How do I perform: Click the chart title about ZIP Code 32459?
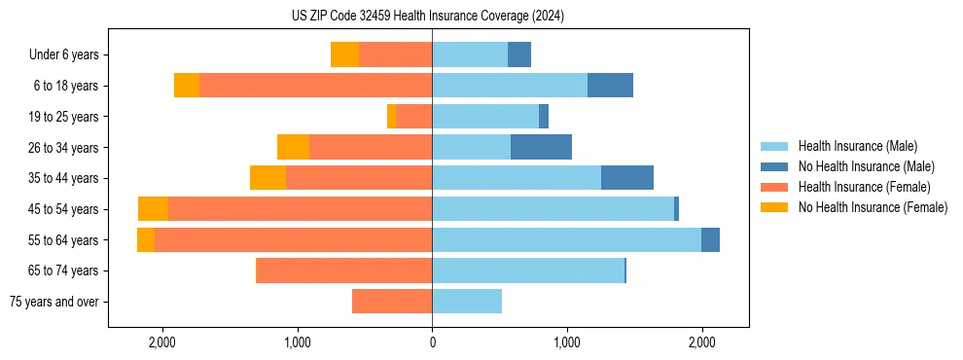(x=428, y=16)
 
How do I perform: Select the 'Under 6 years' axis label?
(x=63, y=54)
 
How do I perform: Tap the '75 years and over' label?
(x=53, y=302)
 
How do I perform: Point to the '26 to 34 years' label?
(x=64, y=148)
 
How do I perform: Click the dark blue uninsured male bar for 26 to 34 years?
(x=541, y=147)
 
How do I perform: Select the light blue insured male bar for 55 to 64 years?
(x=566, y=239)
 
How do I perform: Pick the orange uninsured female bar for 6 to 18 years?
(x=187, y=86)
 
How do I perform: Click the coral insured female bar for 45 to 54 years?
(x=300, y=209)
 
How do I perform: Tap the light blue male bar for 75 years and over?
(x=467, y=302)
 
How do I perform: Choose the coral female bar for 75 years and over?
(x=392, y=302)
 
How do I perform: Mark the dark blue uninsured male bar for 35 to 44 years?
(x=627, y=178)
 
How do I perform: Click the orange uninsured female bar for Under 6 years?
(x=344, y=54)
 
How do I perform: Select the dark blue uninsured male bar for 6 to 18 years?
(x=610, y=86)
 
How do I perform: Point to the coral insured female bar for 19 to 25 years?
(x=413, y=117)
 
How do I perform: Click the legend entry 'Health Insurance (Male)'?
(x=857, y=146)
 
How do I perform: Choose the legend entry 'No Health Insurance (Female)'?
(x=873, y=207)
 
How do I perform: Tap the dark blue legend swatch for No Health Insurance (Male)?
(x=774, y=166)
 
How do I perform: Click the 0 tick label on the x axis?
(x=432, y=342)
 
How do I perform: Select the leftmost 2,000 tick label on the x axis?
(x=161, y=342)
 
